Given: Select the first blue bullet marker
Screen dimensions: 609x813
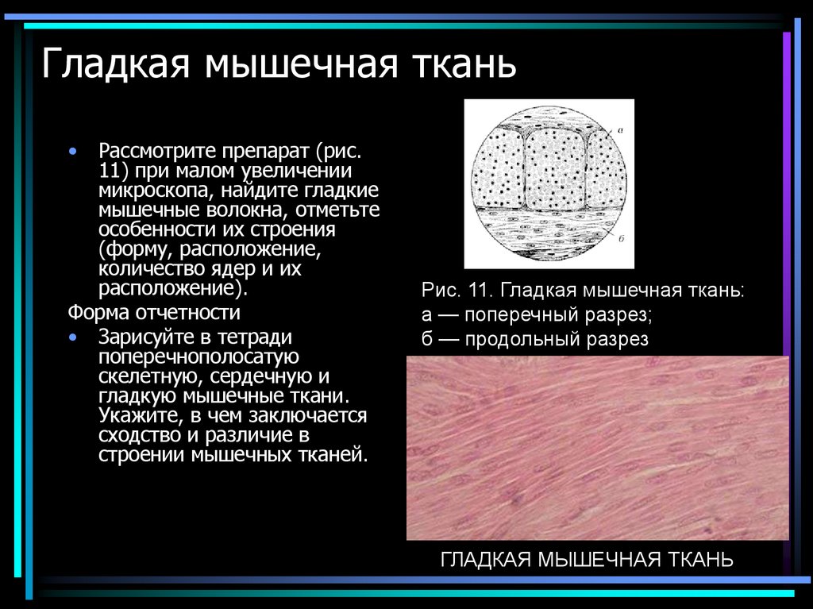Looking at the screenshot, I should click(73, 150).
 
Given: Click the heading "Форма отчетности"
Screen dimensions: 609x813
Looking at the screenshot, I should click(154, 311).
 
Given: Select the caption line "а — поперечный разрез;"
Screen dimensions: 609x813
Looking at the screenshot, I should click(537, 314).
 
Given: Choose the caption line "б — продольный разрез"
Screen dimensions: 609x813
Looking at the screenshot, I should click(535, 340).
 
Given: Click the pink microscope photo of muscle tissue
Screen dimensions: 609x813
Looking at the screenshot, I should click(597, 448).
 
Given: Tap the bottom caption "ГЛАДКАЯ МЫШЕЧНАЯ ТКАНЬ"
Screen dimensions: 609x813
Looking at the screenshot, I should click(587, 560).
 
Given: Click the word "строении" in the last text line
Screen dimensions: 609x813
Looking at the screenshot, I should click(141, 456).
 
